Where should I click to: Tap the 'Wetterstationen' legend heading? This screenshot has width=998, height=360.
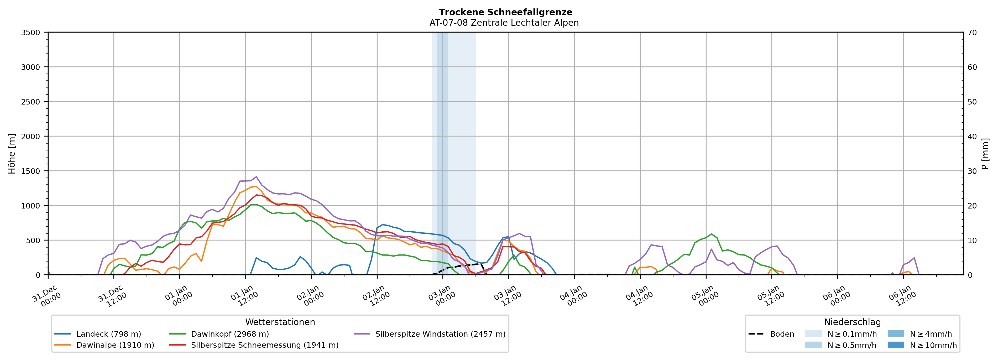pyautogui.click(x=280, y=322)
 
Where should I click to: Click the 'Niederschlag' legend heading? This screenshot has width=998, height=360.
pyautogui.click(x=852, y=322)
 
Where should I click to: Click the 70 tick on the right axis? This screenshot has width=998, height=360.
pyautogui.click(x=972, y=33)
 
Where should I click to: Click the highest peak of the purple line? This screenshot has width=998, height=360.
pyautogui.click(x=256, y=177)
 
